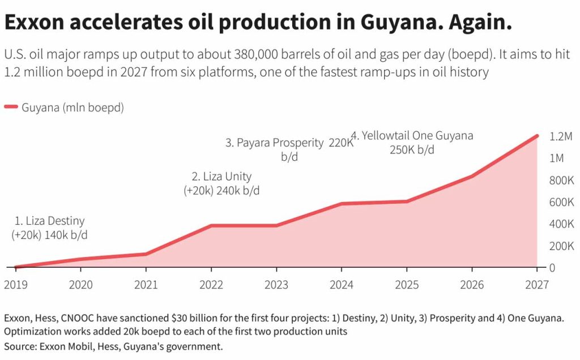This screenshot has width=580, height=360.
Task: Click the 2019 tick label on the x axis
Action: (x=15, y=285)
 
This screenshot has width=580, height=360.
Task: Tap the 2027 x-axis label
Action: (x=536, y=285)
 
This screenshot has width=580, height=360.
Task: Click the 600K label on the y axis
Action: (x=562, y=202)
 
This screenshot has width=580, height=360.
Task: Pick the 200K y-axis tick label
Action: (x=562, y=246)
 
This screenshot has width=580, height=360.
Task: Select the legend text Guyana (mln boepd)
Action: (x=72, y=107)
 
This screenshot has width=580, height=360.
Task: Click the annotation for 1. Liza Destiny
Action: (x=50, y=228)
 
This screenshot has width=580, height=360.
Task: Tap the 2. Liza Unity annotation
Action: (x=222, y=183)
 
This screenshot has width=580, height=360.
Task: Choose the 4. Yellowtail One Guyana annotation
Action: (x=412, y=143)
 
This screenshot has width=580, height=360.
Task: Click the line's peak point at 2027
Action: (x=536, y=136)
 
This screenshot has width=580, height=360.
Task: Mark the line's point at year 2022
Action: (x=211, y=225)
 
